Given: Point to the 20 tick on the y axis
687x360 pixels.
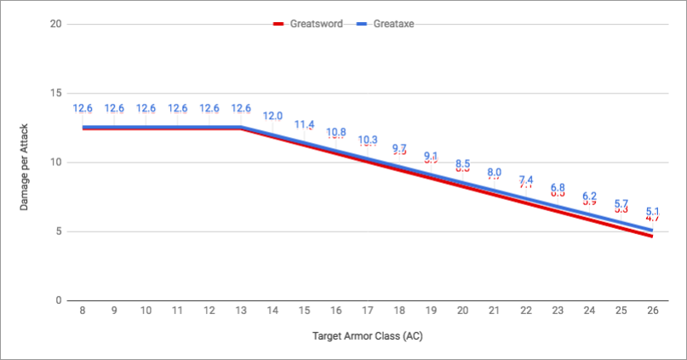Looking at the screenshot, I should click(55, 24).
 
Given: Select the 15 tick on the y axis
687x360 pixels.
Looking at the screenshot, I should click(55, 93).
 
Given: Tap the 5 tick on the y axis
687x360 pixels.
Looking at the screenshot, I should click(58, 231).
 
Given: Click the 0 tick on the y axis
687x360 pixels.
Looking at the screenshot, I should click(58, 300).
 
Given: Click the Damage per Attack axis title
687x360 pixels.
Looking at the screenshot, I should click(25, 163).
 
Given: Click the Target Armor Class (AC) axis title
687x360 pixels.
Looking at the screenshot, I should click(366, 335).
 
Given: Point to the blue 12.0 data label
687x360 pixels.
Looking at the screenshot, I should click(272, 116).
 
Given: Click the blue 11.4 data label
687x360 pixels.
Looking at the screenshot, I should click(304, 124).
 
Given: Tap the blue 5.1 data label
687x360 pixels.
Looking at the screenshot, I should click(652, 211).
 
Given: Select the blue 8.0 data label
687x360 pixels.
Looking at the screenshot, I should click(494, 172).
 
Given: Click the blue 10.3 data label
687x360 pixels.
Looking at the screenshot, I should click(368, 140).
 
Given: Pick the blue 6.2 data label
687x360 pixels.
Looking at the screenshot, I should click(589, 196).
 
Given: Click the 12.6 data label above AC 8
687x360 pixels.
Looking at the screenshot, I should click(83, 108).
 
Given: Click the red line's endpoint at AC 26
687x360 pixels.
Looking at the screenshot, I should click(652, 236).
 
